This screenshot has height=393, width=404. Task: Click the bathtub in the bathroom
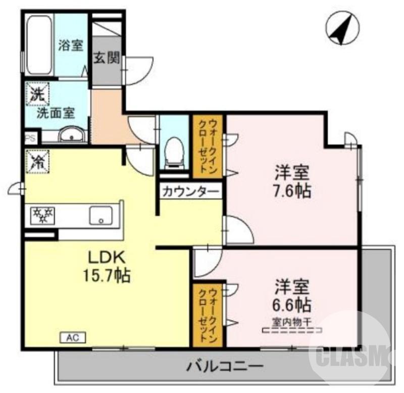[39, 45]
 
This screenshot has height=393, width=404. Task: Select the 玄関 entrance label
[107, 59]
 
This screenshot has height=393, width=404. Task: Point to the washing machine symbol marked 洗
[37, 94]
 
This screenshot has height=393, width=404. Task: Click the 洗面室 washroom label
[55, 113]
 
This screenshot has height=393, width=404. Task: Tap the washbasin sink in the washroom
[71, 135]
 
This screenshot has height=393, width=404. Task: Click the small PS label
[29, 137]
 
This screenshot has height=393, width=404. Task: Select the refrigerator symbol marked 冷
[37, 161]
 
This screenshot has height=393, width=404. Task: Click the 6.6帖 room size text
[292, 304]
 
